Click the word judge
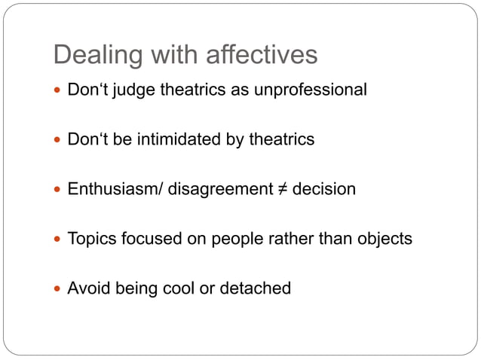click(125, 91)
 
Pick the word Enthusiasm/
click(115, 189)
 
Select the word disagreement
click(219, 189)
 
